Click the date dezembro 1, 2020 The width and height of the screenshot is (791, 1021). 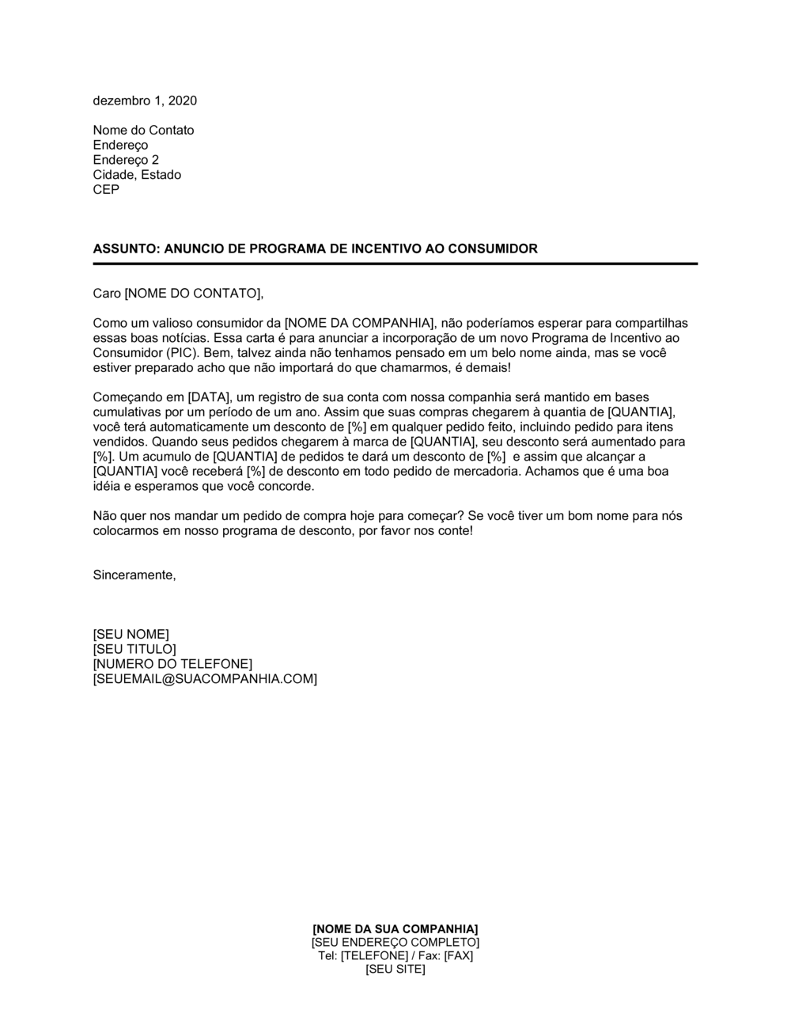(x=145, y=101)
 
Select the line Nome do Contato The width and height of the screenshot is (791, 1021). (x=143, y=131)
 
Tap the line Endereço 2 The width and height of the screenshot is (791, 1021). (x=126, y=160)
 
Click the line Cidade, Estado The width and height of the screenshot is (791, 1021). (x=137, y=175)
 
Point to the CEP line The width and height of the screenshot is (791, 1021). (x=106, y=190)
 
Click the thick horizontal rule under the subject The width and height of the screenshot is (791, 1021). (x=395, y=264)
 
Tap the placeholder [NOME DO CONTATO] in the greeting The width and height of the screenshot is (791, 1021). (x=192, y=294)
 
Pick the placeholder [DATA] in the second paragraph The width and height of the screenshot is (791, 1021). (x=204, y=397)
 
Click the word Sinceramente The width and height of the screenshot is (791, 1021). (x=134, y=575)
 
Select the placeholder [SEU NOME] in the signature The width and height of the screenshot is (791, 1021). (x=131, y=635)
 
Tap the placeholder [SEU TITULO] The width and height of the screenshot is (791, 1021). (x=134, y=650)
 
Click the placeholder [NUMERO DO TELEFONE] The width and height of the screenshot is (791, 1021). (x=172, y=664)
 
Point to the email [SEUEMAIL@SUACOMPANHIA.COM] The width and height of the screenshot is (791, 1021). (x=205, y=679)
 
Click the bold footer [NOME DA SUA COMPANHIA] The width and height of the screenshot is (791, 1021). (x=395, y=928)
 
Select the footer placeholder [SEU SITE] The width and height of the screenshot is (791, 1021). (x=395, y=970)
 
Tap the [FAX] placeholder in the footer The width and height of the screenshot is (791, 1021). (x=458, y=956)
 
